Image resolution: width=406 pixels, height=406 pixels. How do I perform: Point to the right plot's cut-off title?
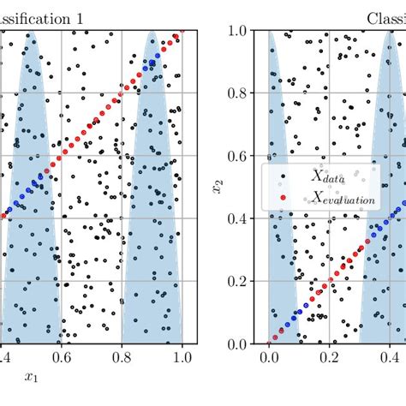(x=386, y=17)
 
